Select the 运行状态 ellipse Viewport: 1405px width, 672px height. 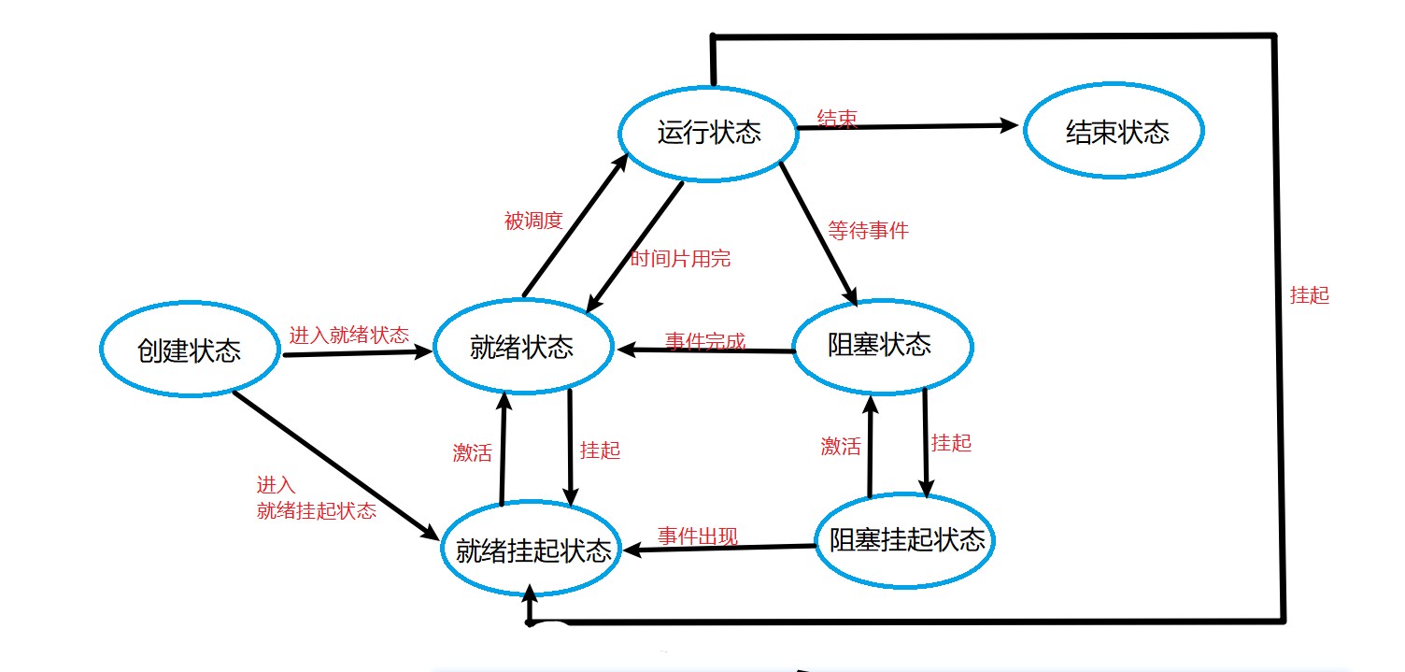click(x=710, y=132)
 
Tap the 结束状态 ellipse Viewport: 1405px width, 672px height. click(x=1114, y=132)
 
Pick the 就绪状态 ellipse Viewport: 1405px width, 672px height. click(x=522, y=349)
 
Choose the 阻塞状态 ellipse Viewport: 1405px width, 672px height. click(x=881, y=345)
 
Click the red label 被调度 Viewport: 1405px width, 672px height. click(x=533, y=221)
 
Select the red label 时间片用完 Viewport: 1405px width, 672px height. click(x=680, y=260)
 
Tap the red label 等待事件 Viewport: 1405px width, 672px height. click(x=868, y=230)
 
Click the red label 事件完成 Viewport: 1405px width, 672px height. click(x=705, y=340)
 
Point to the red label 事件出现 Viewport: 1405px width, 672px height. click(x=698, y=536)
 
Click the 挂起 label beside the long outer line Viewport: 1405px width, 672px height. click(x=1309, y=295)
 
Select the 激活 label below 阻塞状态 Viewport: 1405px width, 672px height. click(x=841, y=447)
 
